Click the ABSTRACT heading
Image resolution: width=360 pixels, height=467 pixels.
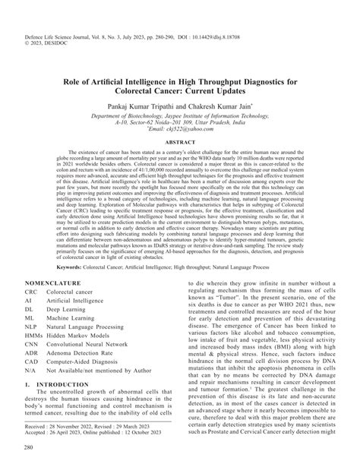[x=180, y=142]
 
